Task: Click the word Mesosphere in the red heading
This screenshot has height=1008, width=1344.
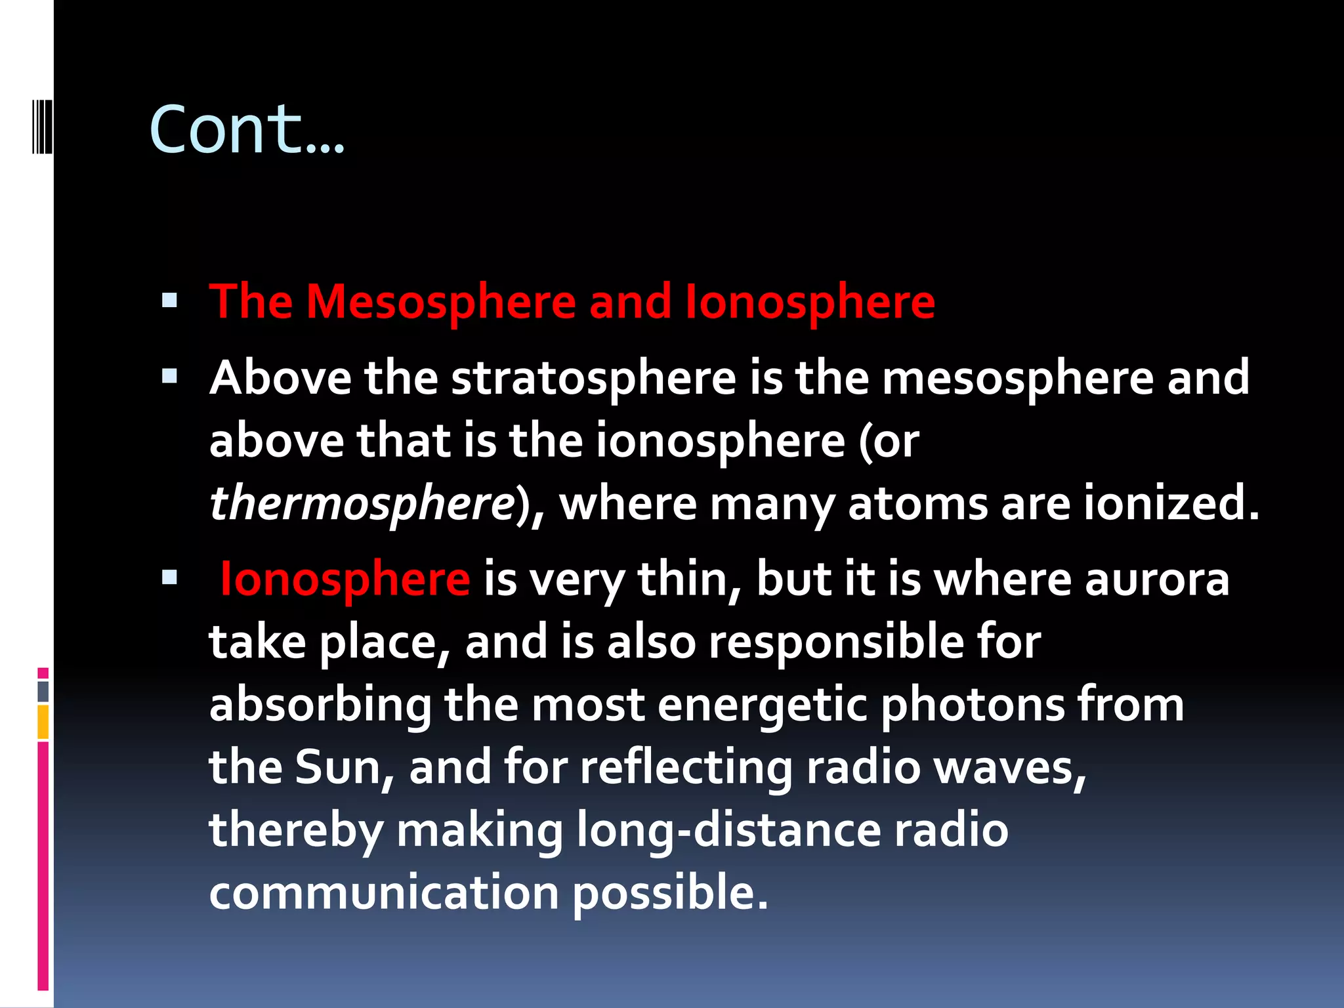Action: (440, 302)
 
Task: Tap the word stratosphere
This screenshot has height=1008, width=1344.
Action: (593, 379)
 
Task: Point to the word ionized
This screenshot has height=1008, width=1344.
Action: (1171, 503)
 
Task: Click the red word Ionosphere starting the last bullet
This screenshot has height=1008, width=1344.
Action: (345, 579)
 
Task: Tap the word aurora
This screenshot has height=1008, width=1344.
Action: (1156, 579)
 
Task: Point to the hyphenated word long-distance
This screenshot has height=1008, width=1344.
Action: (728, 829)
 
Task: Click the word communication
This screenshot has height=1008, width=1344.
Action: (384, 892)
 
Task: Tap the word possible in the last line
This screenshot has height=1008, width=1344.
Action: (669, 892)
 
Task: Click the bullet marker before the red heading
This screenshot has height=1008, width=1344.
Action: (170, 301)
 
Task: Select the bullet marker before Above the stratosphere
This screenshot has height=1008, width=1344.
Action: (170, 377)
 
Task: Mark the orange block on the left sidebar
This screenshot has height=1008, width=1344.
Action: (43, 722)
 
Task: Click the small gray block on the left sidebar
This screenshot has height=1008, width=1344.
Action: (43, 692)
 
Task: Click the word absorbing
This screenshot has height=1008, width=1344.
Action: (320, 705)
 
